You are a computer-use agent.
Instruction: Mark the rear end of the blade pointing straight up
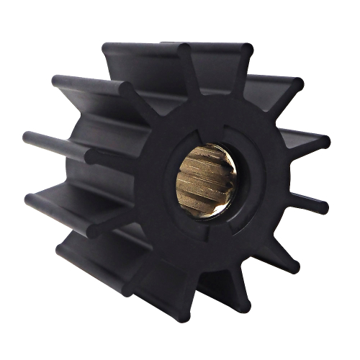pyautogui.click(x=108, y=49)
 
